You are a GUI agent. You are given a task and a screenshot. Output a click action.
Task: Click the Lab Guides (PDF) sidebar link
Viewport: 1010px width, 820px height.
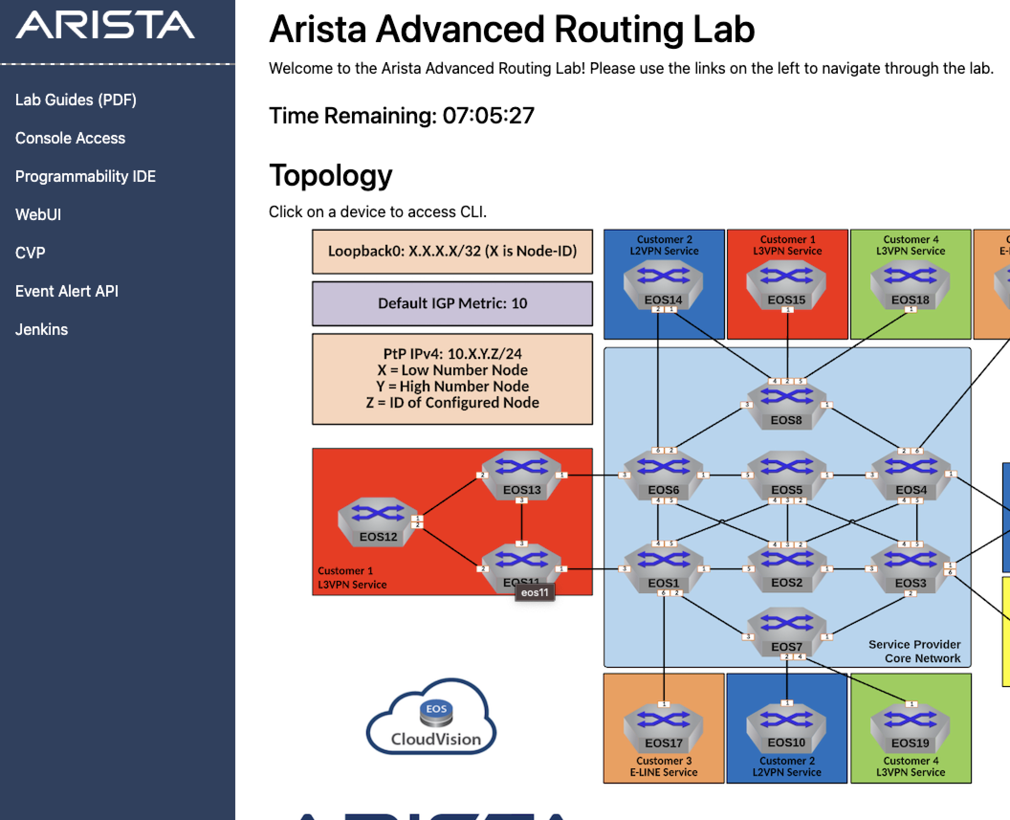[x=76, y=100]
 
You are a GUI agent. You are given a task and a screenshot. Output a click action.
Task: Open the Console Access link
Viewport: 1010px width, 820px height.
[x=70, y=138]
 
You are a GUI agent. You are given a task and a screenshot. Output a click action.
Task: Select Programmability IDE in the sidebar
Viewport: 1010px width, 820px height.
[x=85, y=177]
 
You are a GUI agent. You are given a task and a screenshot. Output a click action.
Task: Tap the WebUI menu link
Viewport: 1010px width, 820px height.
[x=38, y=215]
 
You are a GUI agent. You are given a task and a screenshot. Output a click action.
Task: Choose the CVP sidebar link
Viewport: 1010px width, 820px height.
[x=30, y=253]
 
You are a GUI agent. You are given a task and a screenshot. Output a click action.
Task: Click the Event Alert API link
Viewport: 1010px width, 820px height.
[x=66, y=291]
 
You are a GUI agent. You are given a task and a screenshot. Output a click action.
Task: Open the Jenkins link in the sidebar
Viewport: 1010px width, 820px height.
[x=41, y=330]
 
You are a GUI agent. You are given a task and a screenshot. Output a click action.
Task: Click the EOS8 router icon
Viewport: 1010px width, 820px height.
[x=787, y=405]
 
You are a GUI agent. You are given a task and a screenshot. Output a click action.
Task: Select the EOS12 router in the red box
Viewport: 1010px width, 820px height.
[x=378, y=521]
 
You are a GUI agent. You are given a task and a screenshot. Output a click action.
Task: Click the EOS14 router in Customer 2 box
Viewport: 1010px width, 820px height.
[x=663, y=285]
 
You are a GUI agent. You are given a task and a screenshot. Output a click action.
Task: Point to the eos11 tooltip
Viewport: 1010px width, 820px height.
[x=535, y=593]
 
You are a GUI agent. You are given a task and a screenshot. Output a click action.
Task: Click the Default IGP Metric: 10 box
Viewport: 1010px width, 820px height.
[x=452, y=303]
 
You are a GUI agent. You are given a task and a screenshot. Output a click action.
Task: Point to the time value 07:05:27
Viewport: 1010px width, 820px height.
[x=488, y=116]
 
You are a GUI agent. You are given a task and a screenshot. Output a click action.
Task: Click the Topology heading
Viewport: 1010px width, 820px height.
[x=330, y=176]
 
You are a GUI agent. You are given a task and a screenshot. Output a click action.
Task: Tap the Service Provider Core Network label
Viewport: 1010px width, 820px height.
[x=914, y=651]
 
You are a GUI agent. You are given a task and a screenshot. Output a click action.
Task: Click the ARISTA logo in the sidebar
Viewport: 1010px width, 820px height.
[x=105, y=25]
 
